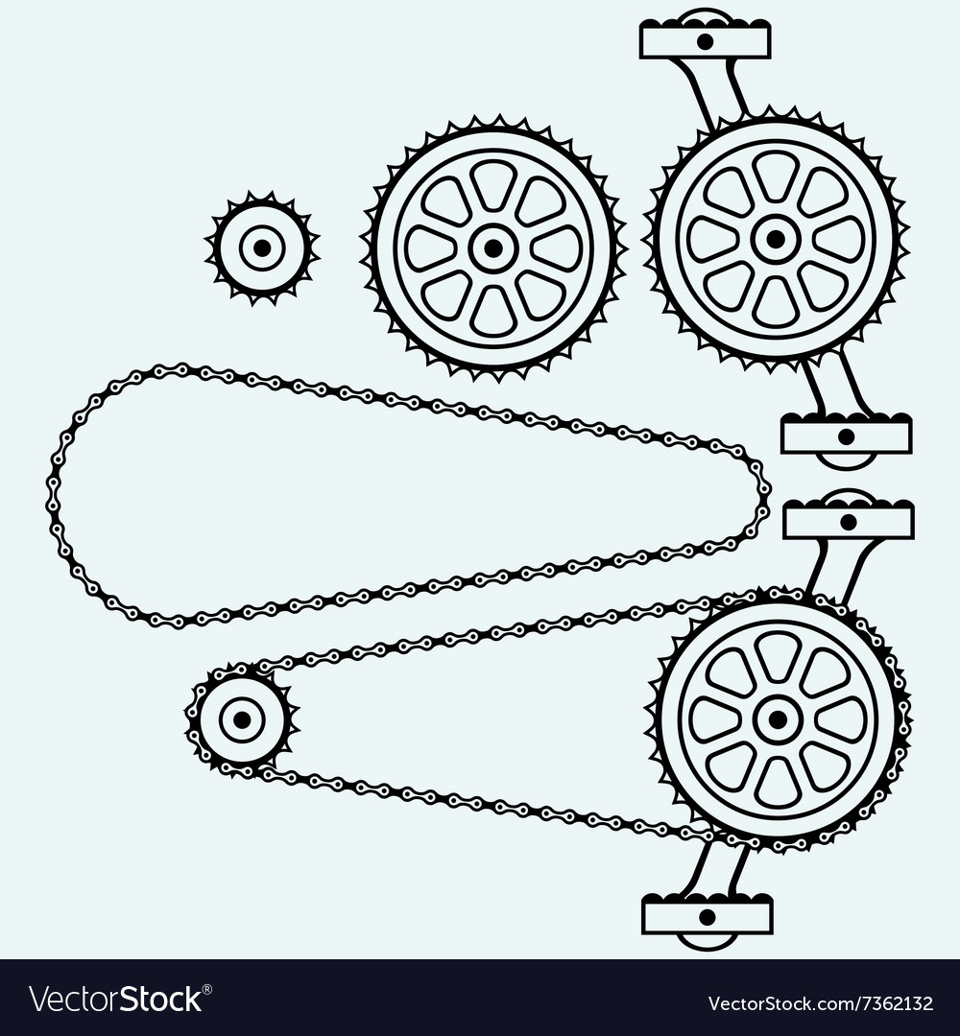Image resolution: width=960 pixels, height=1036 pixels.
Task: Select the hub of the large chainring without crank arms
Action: coord(492,248)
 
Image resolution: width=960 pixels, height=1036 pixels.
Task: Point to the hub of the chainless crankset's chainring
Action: coord(775,238)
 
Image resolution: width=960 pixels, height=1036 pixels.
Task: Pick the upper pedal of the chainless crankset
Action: coord(706,40)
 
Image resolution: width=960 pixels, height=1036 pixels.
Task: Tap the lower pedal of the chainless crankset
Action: coord(846,436)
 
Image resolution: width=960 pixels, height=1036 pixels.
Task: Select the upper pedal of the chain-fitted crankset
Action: coord(848,521)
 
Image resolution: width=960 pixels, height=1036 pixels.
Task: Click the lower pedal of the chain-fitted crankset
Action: coord(707,916)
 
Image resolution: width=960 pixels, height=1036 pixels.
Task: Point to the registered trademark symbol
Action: coord(207,988)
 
